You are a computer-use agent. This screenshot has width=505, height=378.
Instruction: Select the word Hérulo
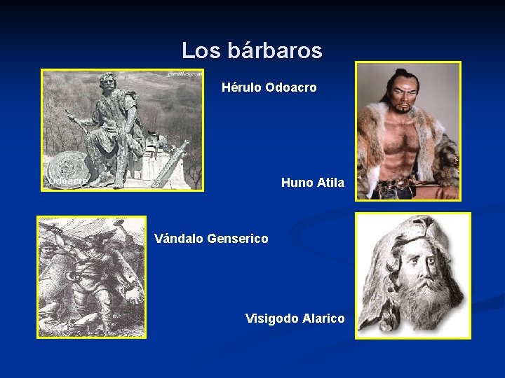click(242, 88)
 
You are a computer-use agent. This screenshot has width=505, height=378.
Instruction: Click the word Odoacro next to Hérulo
click(291, 88)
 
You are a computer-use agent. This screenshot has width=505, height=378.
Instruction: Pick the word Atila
click(331, 183)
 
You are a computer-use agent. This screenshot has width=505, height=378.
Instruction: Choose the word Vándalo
click(179, 239)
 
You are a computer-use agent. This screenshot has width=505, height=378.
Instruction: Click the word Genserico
click(238, 239)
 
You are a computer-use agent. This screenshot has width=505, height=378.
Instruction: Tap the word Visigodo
click(271, 318)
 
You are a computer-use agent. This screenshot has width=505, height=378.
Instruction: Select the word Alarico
click(323, 318)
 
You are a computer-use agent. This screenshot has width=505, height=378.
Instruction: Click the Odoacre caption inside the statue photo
click(68, 181)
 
